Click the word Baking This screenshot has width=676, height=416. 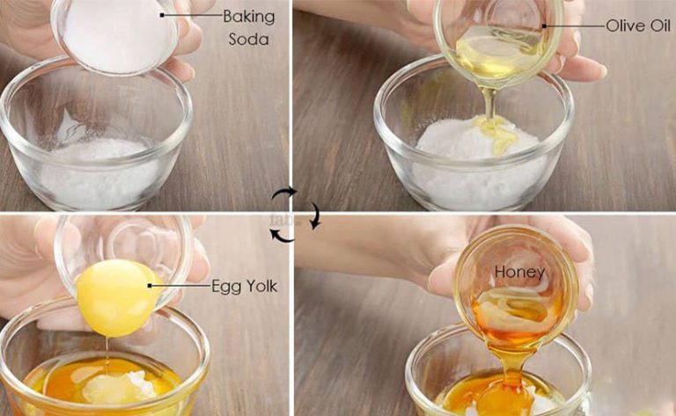click(249, 18)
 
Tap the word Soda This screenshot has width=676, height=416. click(249, 40)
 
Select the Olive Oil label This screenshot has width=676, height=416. click(638, 26)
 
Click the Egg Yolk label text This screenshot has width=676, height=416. click(245, 287)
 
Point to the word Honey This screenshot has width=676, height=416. click(520, 272)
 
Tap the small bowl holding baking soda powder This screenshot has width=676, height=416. click(115, 35)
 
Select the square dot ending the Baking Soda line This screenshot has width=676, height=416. click(162, 15)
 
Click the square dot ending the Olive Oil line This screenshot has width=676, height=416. click(545, 26)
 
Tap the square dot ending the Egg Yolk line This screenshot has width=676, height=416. click(150, 286)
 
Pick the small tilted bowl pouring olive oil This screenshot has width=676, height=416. click(498, 43)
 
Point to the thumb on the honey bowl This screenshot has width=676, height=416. click(444, 275)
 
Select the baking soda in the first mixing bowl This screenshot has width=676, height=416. click(99, 172)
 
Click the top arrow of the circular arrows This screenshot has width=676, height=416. click(283, 193)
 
